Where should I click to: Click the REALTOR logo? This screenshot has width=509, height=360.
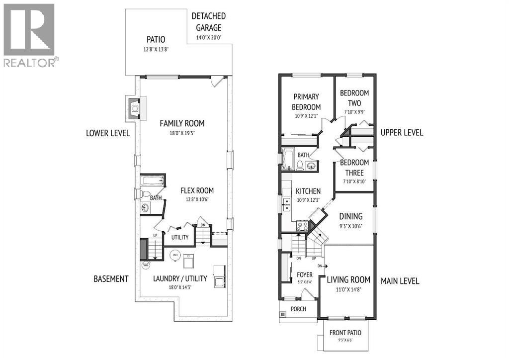tap(30, 35)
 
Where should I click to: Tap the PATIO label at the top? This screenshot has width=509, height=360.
tap(156, 39)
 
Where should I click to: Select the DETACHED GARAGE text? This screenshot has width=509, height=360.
tap(208, 22)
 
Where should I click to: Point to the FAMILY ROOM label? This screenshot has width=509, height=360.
tap(181, 123)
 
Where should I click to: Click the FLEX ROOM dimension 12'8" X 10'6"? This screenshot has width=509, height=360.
tap(197, 199)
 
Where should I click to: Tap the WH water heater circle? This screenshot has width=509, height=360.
tap(174, 256)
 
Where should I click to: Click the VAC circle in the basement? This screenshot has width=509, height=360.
tap(146, 265)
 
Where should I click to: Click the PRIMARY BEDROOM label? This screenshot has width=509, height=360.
tap(307, 101)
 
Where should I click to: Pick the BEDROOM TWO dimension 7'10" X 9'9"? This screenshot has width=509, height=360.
tap(354, 112)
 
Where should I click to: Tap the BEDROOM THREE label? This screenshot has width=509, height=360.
tap(354, 168)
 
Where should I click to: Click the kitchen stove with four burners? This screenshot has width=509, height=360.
tap(301, 227)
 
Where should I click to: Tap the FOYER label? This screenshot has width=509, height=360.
tap(305, 274)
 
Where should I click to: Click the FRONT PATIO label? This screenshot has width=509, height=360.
tap(345, 333)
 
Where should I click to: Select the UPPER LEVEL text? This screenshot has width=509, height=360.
tap(402, 132)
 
